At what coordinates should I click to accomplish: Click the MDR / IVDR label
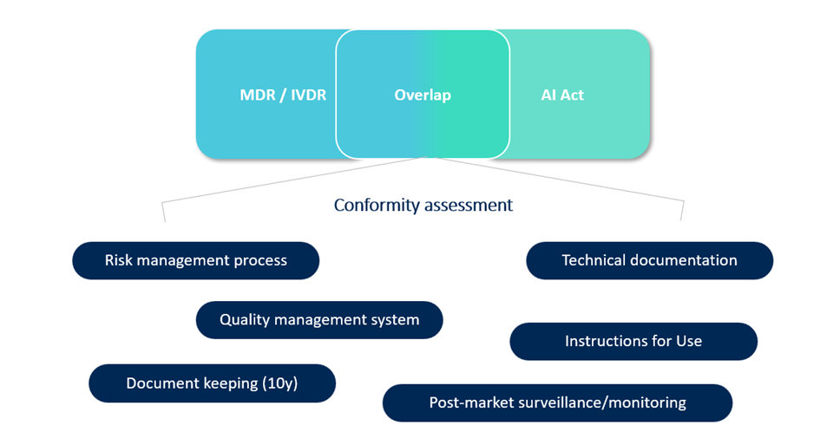283,95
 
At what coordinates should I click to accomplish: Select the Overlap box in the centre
423,95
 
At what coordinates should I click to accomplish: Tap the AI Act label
562,95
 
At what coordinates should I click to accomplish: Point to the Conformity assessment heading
423,206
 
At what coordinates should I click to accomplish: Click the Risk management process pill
195,260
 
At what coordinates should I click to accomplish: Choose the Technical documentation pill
649,260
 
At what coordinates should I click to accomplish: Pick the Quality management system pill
319,320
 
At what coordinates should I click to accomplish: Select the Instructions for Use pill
633,341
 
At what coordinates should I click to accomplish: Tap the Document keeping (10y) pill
212,383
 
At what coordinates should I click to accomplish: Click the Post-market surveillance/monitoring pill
557,403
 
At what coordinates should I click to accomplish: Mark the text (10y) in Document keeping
279,383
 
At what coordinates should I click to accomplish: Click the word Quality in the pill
245,320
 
